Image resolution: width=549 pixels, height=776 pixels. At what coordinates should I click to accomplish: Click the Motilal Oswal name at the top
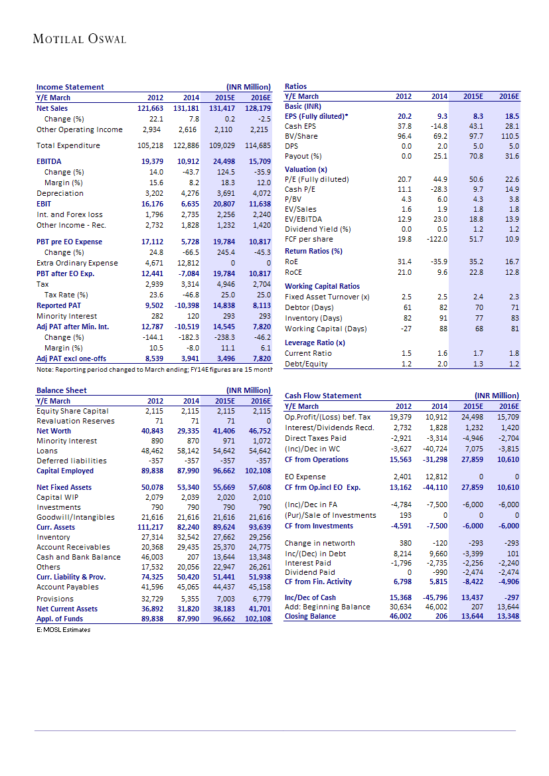pyautogui.click(x=79, y=39)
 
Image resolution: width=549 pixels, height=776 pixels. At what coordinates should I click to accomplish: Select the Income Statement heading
pyautogui.click(x=70, y=87)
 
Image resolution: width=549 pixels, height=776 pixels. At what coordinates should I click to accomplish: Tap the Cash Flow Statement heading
pyautogui.click(x=323, y=396)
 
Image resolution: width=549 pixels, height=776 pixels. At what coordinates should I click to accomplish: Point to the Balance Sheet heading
pyautogui.click(x=61, y=390)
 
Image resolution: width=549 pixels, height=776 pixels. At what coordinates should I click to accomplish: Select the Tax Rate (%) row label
pyautogui.click(x=66, y=295)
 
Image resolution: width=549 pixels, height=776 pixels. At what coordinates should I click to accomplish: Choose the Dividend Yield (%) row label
pyautogui.click(x=317, y=229)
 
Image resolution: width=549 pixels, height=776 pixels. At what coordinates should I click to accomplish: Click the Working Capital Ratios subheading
pyautogui.click(x=322, y=286)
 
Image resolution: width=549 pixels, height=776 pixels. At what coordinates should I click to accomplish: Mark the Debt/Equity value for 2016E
pyautogui.click(x=511, y=364)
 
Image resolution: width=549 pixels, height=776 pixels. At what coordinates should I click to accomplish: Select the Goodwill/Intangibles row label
pyautogui.click(x=76, y=517)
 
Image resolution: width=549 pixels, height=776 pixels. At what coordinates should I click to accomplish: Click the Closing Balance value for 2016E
pyautogui.click(x=508, y=616)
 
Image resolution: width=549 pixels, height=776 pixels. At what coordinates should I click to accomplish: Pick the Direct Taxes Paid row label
pyautogui.click(x=315, y=439)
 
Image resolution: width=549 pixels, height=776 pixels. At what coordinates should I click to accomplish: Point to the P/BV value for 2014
pyautogui.click(x=441, y=198)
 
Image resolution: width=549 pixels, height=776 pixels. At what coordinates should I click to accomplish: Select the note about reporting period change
pyautogui.click(x=153, y=369)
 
